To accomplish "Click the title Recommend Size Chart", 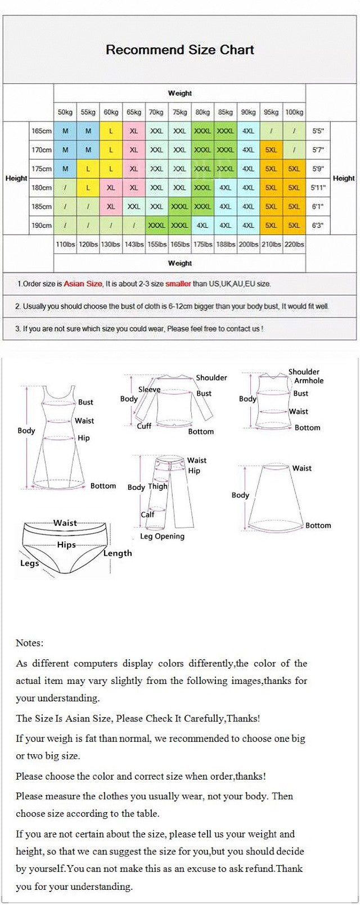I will [180, 49].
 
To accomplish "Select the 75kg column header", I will [179, 112].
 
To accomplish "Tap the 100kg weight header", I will [294, 112].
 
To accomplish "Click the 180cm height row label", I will [42, 187].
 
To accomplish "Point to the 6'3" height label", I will [318, 226].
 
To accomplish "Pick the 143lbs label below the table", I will [134, 244].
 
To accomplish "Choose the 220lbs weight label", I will [294, 244].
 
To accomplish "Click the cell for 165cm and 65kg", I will [134, 130].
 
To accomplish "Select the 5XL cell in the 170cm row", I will [271, 150].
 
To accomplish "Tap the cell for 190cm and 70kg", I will [156, 226].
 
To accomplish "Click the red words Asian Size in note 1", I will [83, 284].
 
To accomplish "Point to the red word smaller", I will [178, 284].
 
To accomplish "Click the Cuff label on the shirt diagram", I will [144, 426].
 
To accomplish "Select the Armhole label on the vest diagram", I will [309, 381].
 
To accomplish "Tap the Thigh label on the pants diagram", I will [157, 487].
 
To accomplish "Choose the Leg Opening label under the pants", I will [162, 536].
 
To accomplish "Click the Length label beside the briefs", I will [118, 553].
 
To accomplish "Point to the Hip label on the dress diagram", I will [83, 438].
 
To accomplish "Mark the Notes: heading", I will [29, 643].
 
